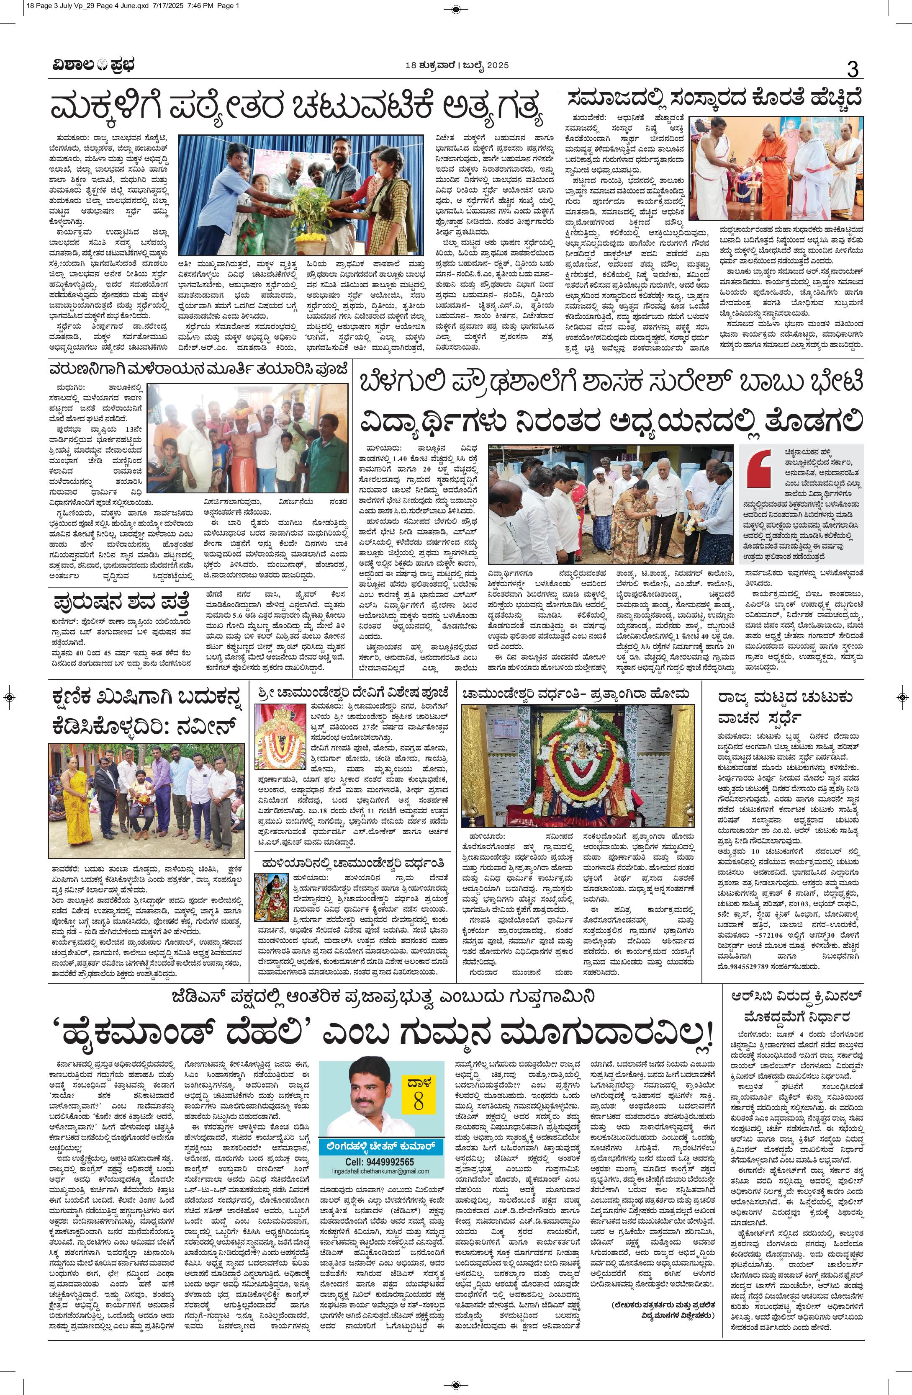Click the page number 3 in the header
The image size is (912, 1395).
[853, 69]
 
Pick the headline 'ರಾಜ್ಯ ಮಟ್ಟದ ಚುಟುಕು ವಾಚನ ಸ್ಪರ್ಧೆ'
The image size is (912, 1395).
[785, 707]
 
